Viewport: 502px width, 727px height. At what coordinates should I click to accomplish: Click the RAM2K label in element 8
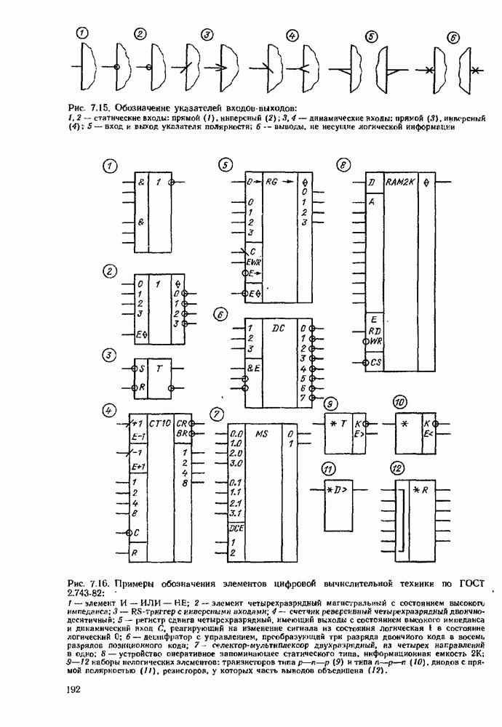(400, 181)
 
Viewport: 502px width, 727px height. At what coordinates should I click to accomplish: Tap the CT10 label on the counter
(159, 422)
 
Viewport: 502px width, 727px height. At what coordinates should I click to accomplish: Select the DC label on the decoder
(278, 329)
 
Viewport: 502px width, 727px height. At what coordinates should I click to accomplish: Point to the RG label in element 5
(273, 181)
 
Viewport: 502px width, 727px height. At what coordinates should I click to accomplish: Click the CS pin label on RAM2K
(375, 361)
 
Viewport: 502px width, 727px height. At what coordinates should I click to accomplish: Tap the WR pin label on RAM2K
(375, 340)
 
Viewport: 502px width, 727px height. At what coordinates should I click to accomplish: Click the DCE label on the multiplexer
(236, 529)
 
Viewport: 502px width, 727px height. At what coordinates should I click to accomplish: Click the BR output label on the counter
(183, 434)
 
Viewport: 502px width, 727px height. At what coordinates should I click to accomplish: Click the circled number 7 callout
(215, 414)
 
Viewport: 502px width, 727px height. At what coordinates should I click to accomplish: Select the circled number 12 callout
(397, 467)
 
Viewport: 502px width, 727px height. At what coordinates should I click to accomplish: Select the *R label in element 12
(421, 489)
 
